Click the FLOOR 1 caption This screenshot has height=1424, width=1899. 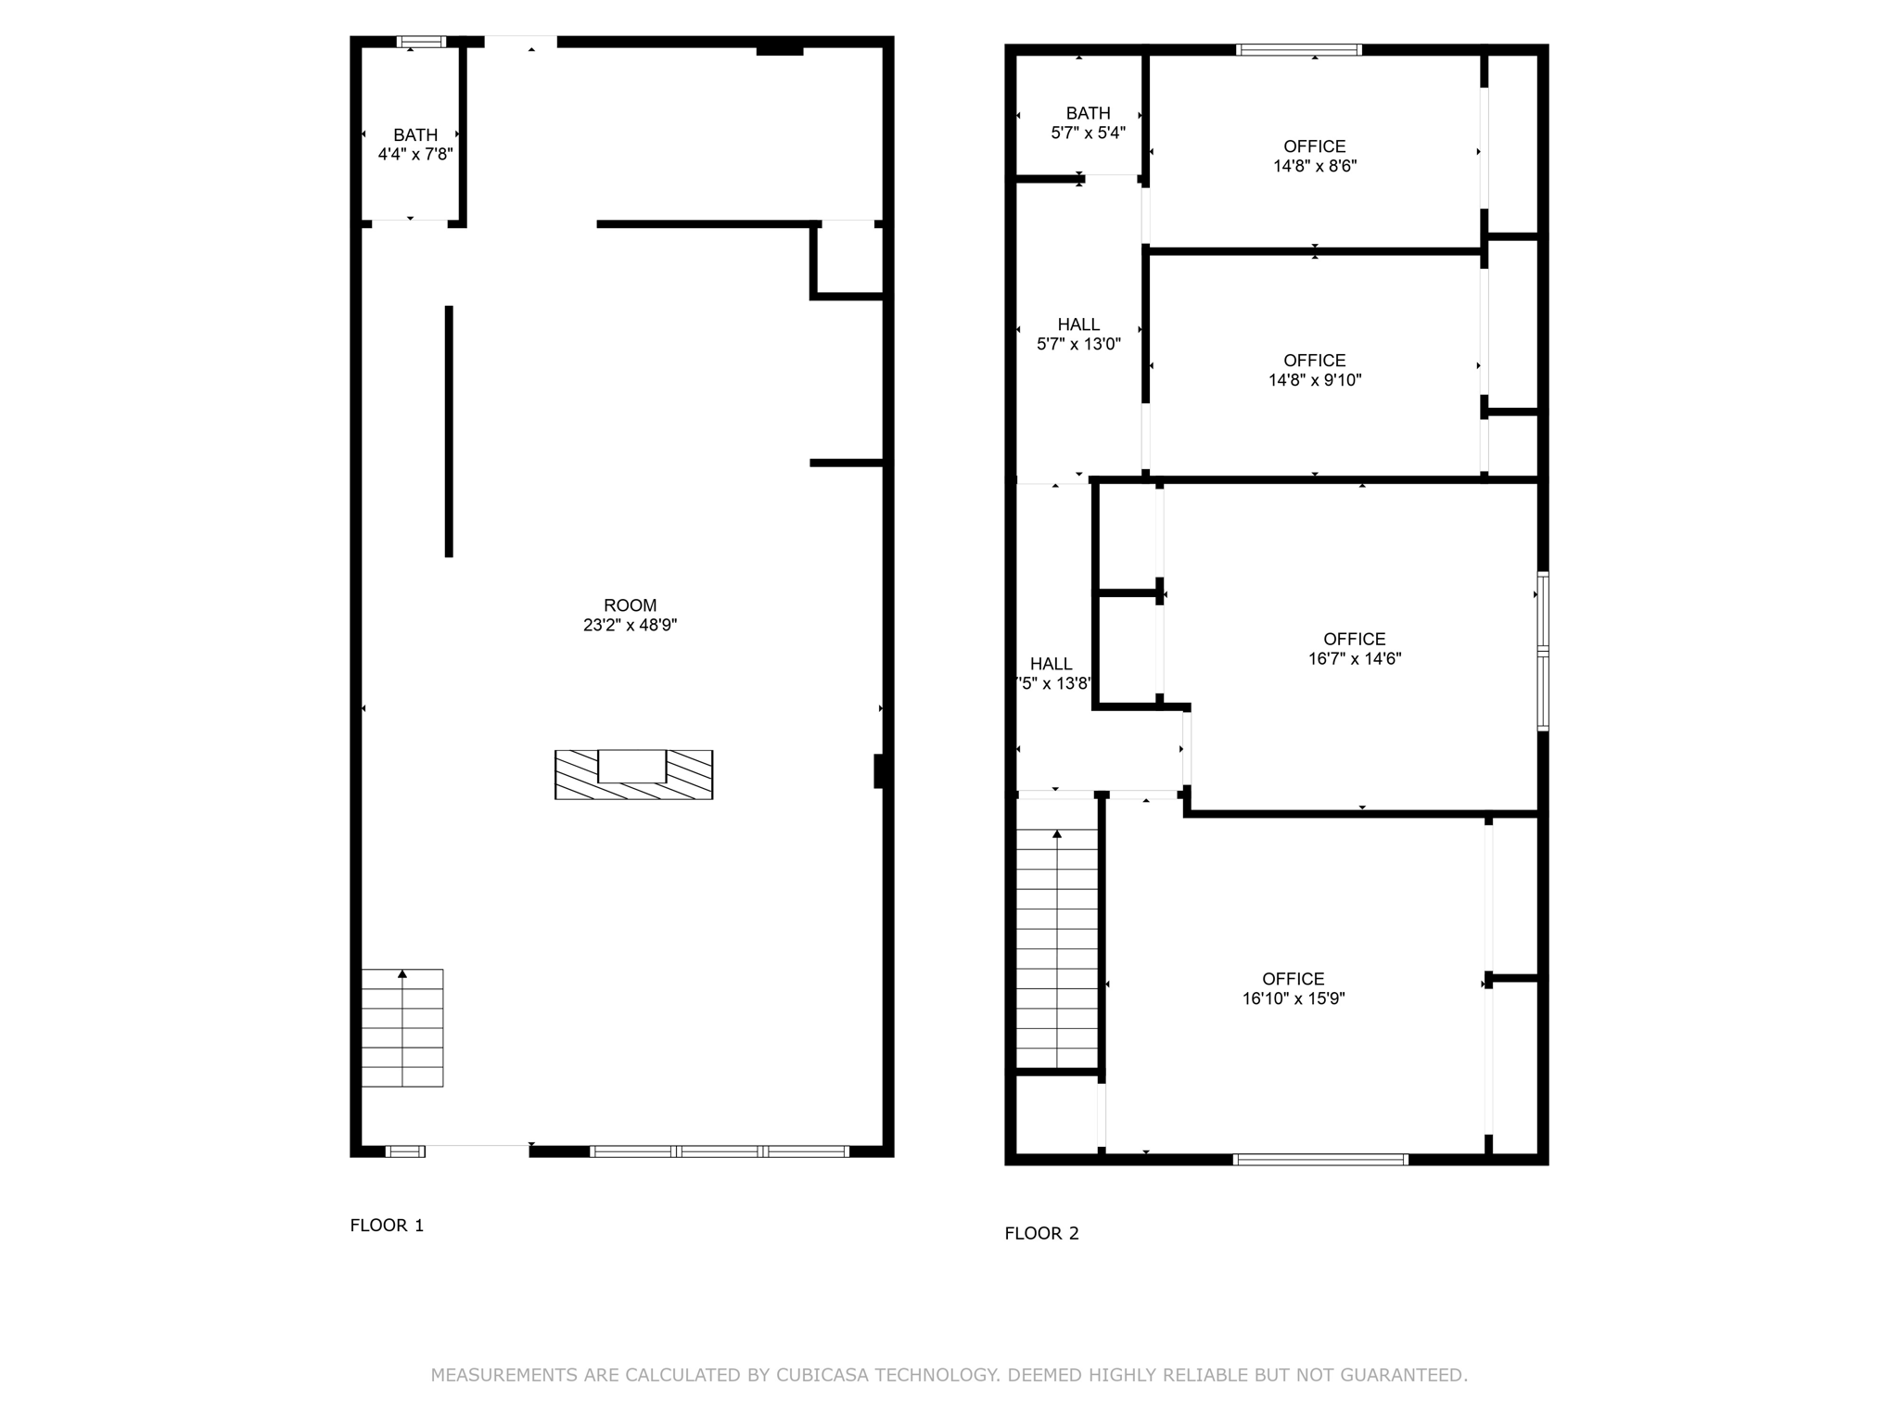[387, 1225]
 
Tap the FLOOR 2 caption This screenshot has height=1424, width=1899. [1041, 1233]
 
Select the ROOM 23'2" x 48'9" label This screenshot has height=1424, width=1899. [630, 616]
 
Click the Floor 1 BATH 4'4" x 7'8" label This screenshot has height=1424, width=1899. [414, 145]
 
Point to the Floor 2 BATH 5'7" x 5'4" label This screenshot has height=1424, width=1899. [1088, 123]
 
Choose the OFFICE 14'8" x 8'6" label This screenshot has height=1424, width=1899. [1314, 156]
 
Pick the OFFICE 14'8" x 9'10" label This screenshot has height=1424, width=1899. [1314, 370]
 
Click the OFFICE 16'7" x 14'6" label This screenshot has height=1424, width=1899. [1354, 649]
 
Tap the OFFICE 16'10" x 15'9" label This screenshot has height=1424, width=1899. [1293, 988]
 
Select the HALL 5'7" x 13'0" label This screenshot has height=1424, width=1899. [1078, 334]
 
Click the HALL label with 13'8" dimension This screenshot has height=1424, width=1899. [1051, 674]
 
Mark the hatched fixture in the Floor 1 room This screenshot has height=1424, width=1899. [633, 774]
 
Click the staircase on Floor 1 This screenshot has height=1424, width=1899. [401, 1027]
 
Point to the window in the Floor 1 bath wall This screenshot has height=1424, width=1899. [421, 42]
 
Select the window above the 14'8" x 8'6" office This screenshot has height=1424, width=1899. [1299, 50]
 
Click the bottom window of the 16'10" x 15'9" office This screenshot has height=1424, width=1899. [1320, 1159]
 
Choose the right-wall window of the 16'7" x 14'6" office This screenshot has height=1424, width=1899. [1543, 651]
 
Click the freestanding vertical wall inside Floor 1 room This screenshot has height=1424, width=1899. [449, 431]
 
